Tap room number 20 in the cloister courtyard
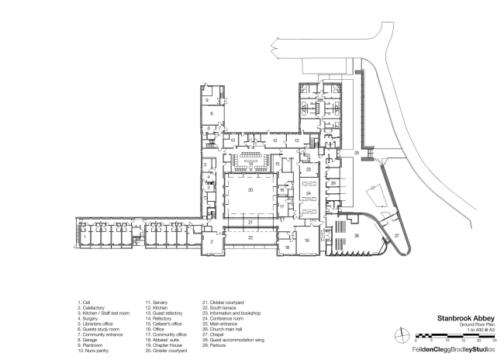tap(250, 189)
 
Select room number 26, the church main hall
tap(357, 235)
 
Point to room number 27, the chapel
tap(395, 234)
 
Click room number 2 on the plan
tap(210, 242)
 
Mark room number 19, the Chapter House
tap(306, 241)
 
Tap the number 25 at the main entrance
tap(357, 154)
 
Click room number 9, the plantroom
tap(206, 100)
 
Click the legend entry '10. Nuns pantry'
tap(92, 351)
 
